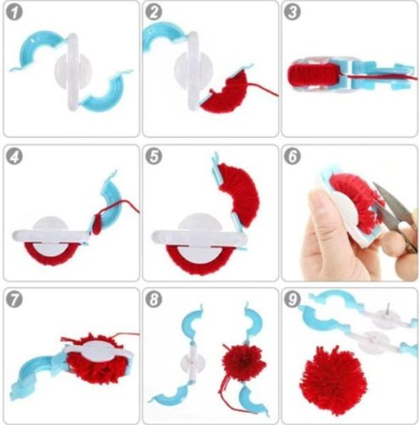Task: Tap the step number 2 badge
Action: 155,13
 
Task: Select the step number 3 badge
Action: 293,13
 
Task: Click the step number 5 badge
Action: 155,156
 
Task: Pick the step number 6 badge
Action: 293,156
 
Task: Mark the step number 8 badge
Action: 155,299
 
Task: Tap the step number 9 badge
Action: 293,299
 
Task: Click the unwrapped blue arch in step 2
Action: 167,39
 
